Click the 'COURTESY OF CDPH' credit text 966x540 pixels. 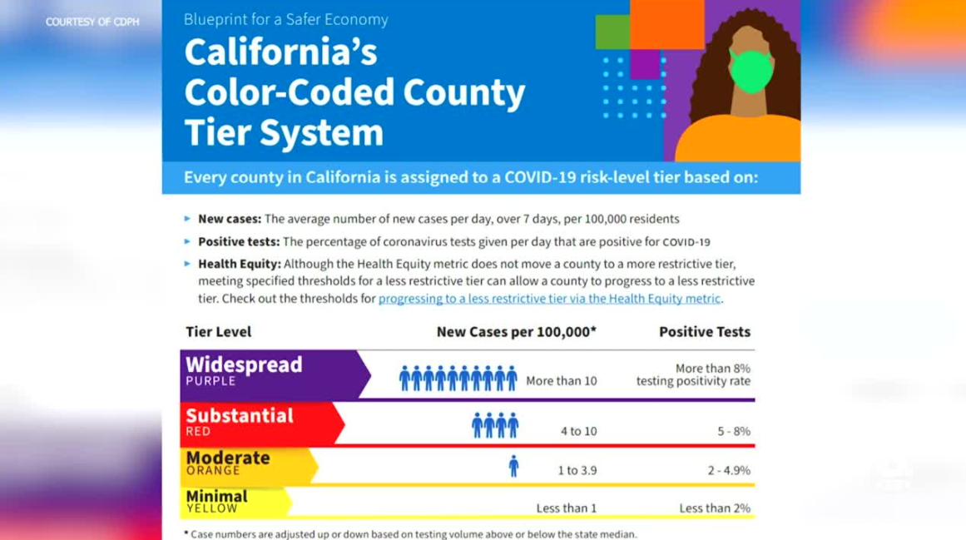click(x=92, y=22)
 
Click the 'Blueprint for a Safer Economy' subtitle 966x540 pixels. click(x=285, y=19)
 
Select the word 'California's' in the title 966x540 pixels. click(x=280, y=53)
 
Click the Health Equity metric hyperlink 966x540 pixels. click(x=550, y=298)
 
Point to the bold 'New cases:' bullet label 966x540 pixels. click(x=230, y=220)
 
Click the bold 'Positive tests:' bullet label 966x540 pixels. click(x=239, y=242)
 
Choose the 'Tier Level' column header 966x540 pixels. click(x=218, y=332)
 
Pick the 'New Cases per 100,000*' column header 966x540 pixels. click(x=516, y=332)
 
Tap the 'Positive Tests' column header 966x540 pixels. click(x=704, y=332)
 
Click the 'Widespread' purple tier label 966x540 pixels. click(x=244, y=365)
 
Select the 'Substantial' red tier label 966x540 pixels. click(x=240, y=416)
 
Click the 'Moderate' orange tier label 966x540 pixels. click(x=228, y=458)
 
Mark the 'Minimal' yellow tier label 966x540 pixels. click(x=216, y=497)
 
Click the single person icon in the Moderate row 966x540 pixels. click(x=513, y=466)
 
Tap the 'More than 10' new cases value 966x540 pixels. click(x=561, y=382)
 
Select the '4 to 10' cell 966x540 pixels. click(x=578, y=432)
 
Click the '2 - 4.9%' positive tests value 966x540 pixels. click(x=729, y=471)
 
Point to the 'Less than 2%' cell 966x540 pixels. click(x=714, y=508)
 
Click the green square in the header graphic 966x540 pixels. click(x=612, y=32)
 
